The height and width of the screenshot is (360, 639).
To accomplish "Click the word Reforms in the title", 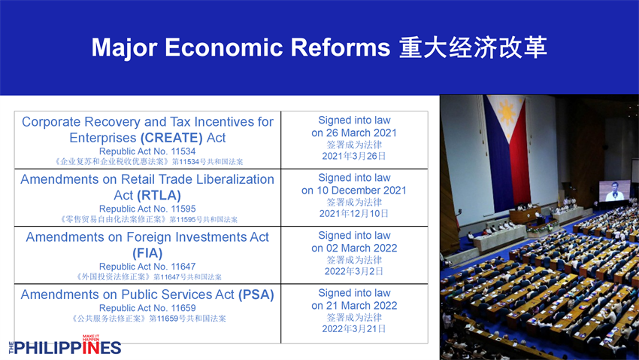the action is [x=341, y=47].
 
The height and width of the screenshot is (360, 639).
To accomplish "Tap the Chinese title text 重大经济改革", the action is [x=473, y=47].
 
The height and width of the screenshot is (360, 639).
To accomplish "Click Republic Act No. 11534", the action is [x=147, y=151].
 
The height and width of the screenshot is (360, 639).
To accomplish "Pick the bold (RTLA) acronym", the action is [x=159, y=196].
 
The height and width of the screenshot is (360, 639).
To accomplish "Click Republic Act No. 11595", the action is [x=147, y=209].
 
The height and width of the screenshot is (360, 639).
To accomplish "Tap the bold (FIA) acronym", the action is [x=147, y=253].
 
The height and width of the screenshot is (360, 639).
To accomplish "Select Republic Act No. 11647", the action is [x=147, y=267].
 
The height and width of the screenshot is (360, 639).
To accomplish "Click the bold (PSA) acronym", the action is [x=256, y=294].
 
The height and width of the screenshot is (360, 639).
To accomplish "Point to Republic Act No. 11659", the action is [x=147, y=308].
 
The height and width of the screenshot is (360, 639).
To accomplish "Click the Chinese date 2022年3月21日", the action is [x=354, y=329].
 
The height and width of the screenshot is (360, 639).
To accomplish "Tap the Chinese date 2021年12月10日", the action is [x=354, y=213].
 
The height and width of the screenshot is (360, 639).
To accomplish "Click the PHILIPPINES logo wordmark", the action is [x=65, y=348].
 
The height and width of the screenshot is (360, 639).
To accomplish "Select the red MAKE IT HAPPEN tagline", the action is [x=91, y=338].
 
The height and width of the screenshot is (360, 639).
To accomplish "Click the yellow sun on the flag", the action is [x=507, y=111].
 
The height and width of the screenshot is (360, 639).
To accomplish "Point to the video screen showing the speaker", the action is [x=614, y=191].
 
